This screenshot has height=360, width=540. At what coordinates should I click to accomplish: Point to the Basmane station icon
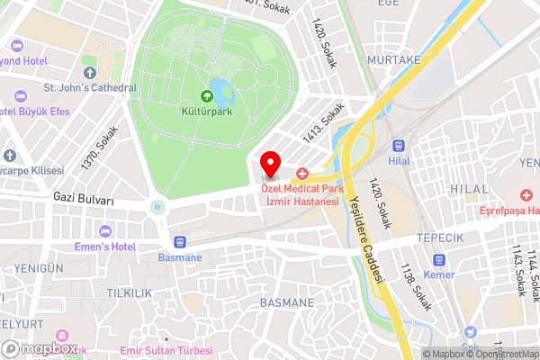[179, 242]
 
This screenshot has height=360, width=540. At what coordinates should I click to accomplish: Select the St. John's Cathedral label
[90, 88]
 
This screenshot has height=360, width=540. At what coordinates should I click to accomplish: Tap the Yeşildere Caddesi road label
[366, 238]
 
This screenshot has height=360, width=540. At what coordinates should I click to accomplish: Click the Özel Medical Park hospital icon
[302, 172]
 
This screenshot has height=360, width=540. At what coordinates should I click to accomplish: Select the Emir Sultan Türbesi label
[167, 349]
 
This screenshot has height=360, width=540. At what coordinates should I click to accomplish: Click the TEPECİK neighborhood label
[439, 238]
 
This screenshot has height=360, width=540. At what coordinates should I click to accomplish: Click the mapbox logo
[40, 348]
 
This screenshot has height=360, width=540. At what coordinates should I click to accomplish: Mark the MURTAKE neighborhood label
[393, 59]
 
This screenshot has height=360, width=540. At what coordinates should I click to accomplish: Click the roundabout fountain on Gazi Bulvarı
[158, 208]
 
